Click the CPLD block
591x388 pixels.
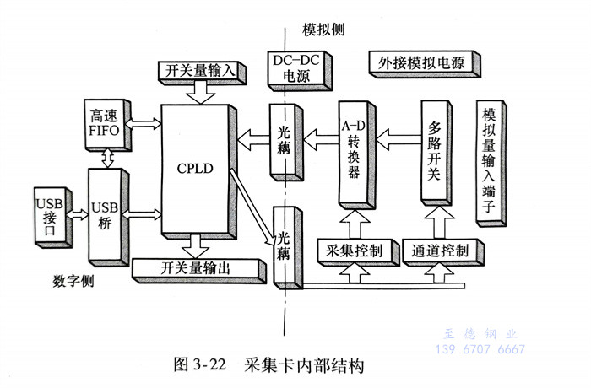coord(195,169)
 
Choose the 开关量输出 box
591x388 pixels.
coord(195,269)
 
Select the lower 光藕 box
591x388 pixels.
coord(285,245)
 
